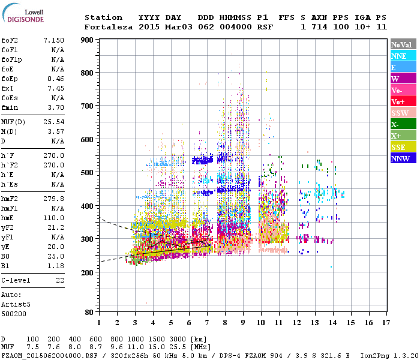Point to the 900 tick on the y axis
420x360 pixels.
point(87,40)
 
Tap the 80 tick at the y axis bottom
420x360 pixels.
point(89,312)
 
